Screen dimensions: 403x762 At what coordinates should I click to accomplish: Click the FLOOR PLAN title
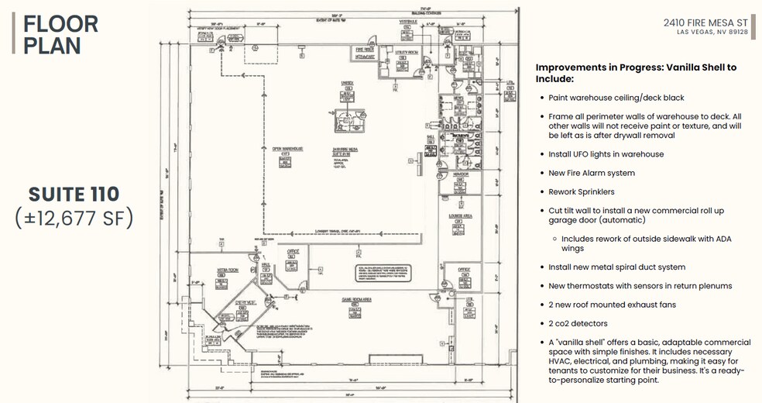coord(60,34)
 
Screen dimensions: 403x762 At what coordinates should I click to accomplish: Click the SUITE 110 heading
coord(74,194)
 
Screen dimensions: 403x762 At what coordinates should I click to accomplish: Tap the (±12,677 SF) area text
coord(74,219)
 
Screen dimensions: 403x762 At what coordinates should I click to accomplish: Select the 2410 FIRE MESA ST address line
coord(705,23)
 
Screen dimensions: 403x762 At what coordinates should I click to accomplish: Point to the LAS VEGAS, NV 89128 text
coord(712,33)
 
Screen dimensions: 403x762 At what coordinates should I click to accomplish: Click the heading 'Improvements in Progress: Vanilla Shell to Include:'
coord(636,73)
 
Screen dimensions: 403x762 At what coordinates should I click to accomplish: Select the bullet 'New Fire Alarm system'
coord(592,173)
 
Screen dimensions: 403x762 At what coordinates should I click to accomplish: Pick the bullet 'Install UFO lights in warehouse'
coord(606,154)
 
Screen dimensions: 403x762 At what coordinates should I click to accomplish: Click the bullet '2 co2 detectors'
coord(578,323)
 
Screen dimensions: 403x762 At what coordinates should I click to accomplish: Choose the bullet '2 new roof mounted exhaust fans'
coord(612,305)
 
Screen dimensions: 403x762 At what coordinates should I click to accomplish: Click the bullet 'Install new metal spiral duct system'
coord(616,267)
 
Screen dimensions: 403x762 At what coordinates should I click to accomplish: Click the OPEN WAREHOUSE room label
coord(287,149)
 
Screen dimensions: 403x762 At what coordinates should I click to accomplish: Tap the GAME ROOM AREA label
coord(358,298)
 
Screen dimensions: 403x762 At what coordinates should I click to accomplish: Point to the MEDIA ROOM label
coord(227,270)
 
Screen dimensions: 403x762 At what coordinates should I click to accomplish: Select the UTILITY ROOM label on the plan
coord(406,52)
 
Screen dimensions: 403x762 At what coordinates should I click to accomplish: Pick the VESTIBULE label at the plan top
coord(408,22)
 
